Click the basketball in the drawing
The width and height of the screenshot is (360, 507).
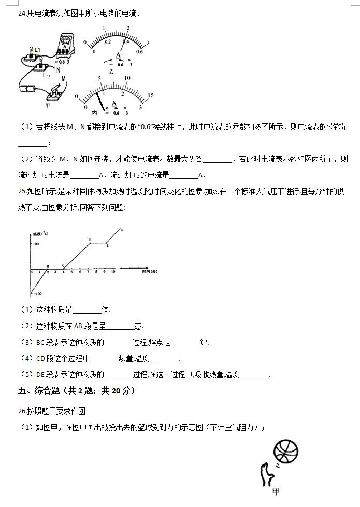(286, 452)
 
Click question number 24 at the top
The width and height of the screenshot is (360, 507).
(22, 13)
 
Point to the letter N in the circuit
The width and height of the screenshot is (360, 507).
(59, 70)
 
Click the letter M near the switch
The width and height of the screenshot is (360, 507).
(64, 79)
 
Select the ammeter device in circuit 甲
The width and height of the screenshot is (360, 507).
(64, 47)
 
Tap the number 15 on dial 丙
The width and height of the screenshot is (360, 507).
(150, 95)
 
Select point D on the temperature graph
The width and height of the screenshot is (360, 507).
(90, 240)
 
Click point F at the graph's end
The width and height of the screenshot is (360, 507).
(122, 230)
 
